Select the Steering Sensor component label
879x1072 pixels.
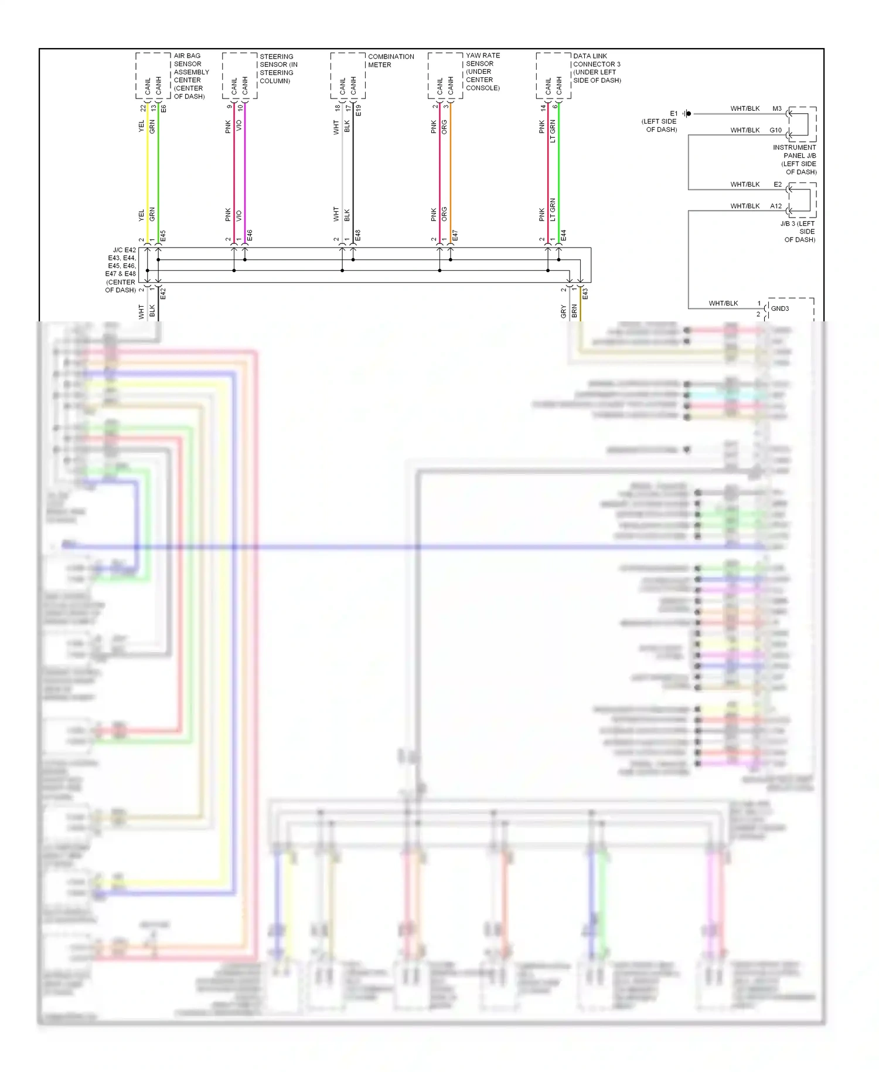click(x=278, y=69)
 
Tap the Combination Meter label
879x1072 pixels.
click(x=390, y=60)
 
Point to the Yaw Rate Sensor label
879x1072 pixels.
click(x=482, y=72)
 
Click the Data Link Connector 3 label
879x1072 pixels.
click(x=597, y=68)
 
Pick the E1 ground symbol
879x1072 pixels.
click(x=687, y=114)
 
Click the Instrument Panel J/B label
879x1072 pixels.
click(x=795, y=160)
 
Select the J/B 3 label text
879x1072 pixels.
click(x=798, y=231)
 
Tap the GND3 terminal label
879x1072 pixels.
click(x=779, y=308)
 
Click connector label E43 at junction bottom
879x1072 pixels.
click(x=585, y=294)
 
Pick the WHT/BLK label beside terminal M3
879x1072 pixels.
click(x=744, y=108)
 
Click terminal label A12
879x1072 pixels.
click(x=776, y=206)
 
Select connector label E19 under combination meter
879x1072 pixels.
click(x=358, y=110)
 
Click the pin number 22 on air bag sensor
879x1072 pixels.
click(x=143, y=108)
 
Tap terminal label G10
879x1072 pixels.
click(x=775, y=130)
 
